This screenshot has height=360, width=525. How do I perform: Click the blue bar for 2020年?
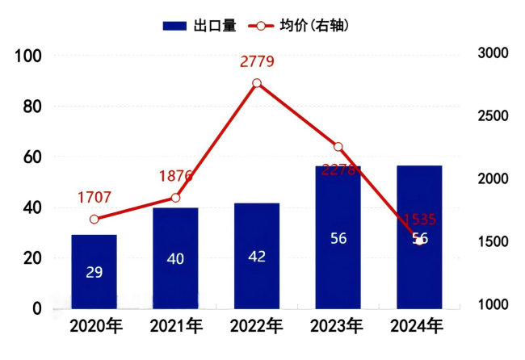tap(94, 271)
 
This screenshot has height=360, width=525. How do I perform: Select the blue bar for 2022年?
tap(257, 256)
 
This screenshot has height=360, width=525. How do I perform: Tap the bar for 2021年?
tap(175, 258)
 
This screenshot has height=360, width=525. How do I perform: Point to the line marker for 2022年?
tap(257, 83)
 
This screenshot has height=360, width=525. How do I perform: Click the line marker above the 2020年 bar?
tap(94, 220)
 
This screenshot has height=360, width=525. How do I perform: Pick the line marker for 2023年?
tap(338, 147)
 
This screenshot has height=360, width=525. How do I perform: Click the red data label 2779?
tap(258, 61)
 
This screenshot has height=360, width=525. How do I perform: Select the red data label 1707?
tap(94, 197)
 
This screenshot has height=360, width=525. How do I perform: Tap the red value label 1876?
tap(175, 176)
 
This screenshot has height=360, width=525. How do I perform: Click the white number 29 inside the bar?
tap(94, 272)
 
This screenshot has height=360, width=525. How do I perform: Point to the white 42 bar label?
tap(257, 257)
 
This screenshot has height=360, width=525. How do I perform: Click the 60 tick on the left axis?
tap(32, 157)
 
